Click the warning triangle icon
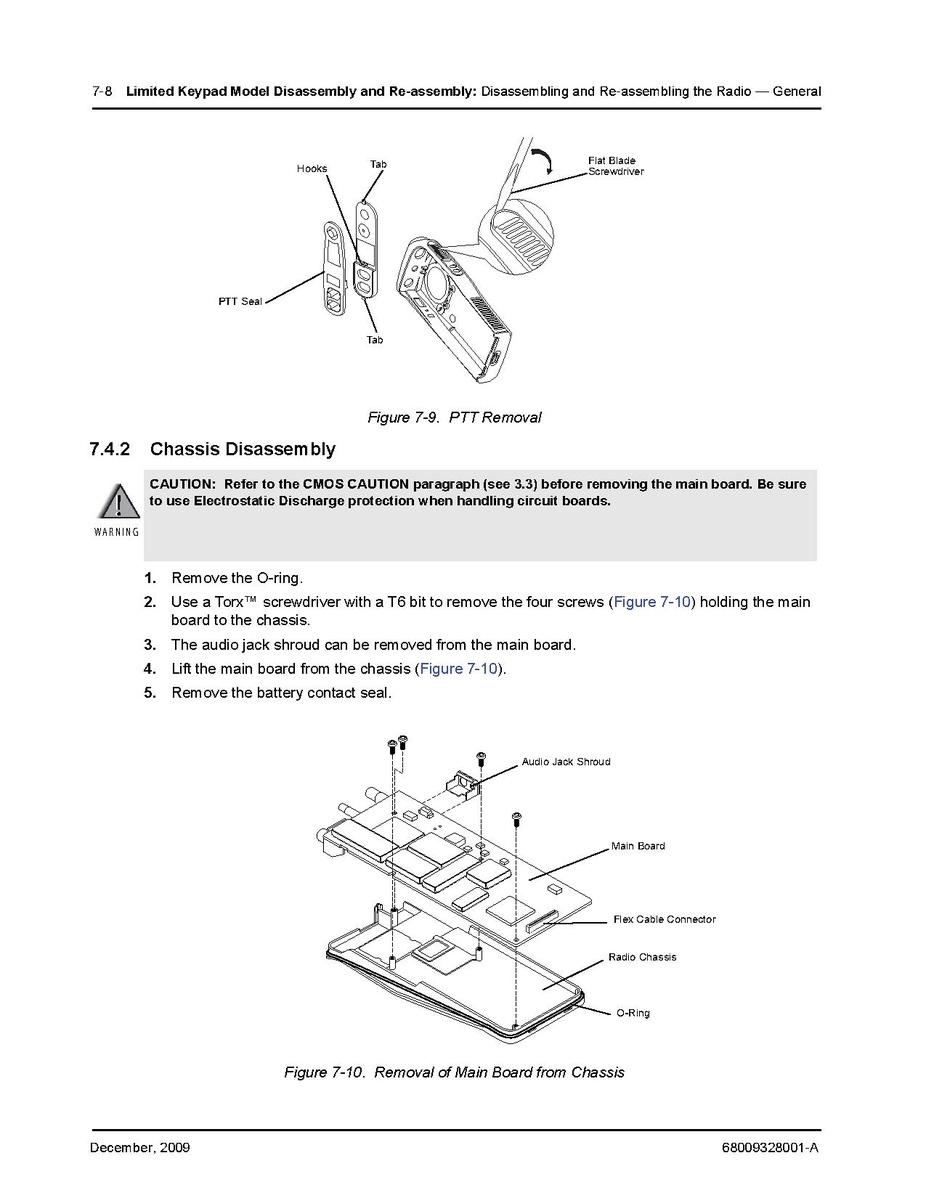[x=117, y=503]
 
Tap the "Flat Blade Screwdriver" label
[x=615, y=166]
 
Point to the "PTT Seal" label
[x=240, y=301]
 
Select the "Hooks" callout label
[x=312, y=169]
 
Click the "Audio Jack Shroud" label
[x=565, y=762]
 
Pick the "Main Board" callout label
[x=638, y=846]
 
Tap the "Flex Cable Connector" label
[x=664, y=919]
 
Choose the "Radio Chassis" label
[x=642, y=957]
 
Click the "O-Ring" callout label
[x=633, y=1013]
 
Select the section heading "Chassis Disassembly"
[x=243, y=449]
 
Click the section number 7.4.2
[x=111, y=449]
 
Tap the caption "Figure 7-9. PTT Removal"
[x=454, y=417]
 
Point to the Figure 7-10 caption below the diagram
[x=454, y=1072]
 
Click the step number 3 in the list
[x=149, y=645]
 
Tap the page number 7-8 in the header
[x=101, y=91]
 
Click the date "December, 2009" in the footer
[x=140, y=1147]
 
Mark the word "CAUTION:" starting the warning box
[x=183, y=484]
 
